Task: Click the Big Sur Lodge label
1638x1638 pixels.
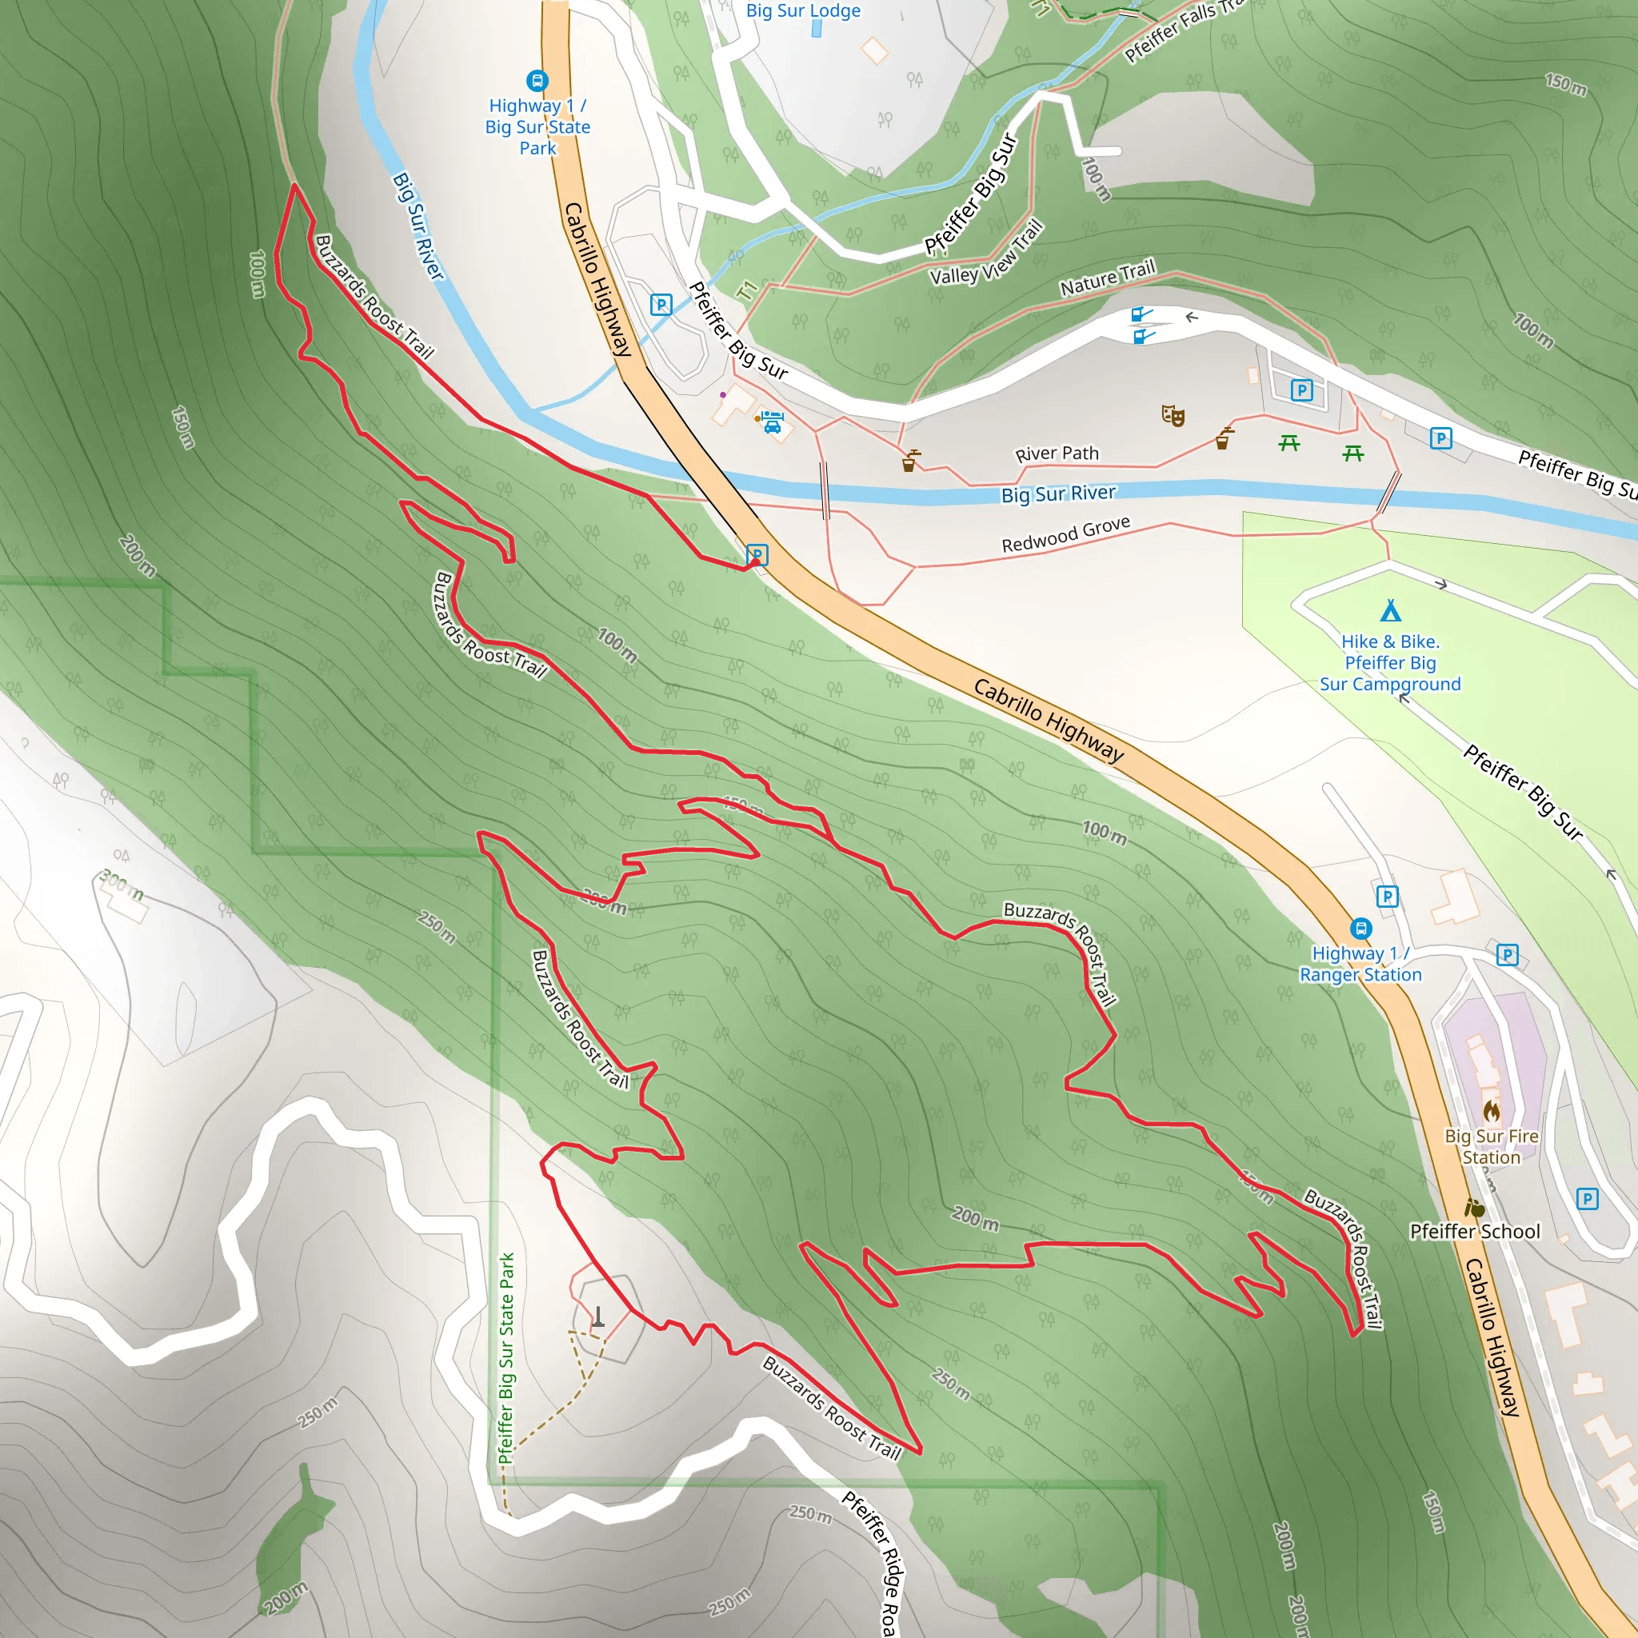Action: [x=803, y=11]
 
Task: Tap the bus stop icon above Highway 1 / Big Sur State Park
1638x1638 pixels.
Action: [x=537, y=81]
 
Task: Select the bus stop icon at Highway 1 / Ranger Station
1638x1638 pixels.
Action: [x=1360, y=929]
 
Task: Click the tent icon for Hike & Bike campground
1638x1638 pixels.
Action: [x=1390, y=610]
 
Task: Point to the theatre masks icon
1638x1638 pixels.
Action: [x=1173, y=414]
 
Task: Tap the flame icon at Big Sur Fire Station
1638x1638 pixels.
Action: [x=1492, y=1111]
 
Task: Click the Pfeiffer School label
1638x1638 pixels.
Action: [x=1475, y=1231]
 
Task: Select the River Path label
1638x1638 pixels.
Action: [x=1057, y=453]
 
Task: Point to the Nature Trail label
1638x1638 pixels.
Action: [x=1107, y=279]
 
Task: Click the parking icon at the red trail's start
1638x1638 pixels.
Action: [x=757, y=554]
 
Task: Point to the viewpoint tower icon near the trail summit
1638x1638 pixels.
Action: [x=598, y=1316]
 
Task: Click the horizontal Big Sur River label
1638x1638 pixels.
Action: [x=1058, y=493]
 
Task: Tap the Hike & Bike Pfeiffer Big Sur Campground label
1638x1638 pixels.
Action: [x=1390, y=663]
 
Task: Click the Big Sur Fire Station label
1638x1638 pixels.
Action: [x=1492, y=1146]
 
